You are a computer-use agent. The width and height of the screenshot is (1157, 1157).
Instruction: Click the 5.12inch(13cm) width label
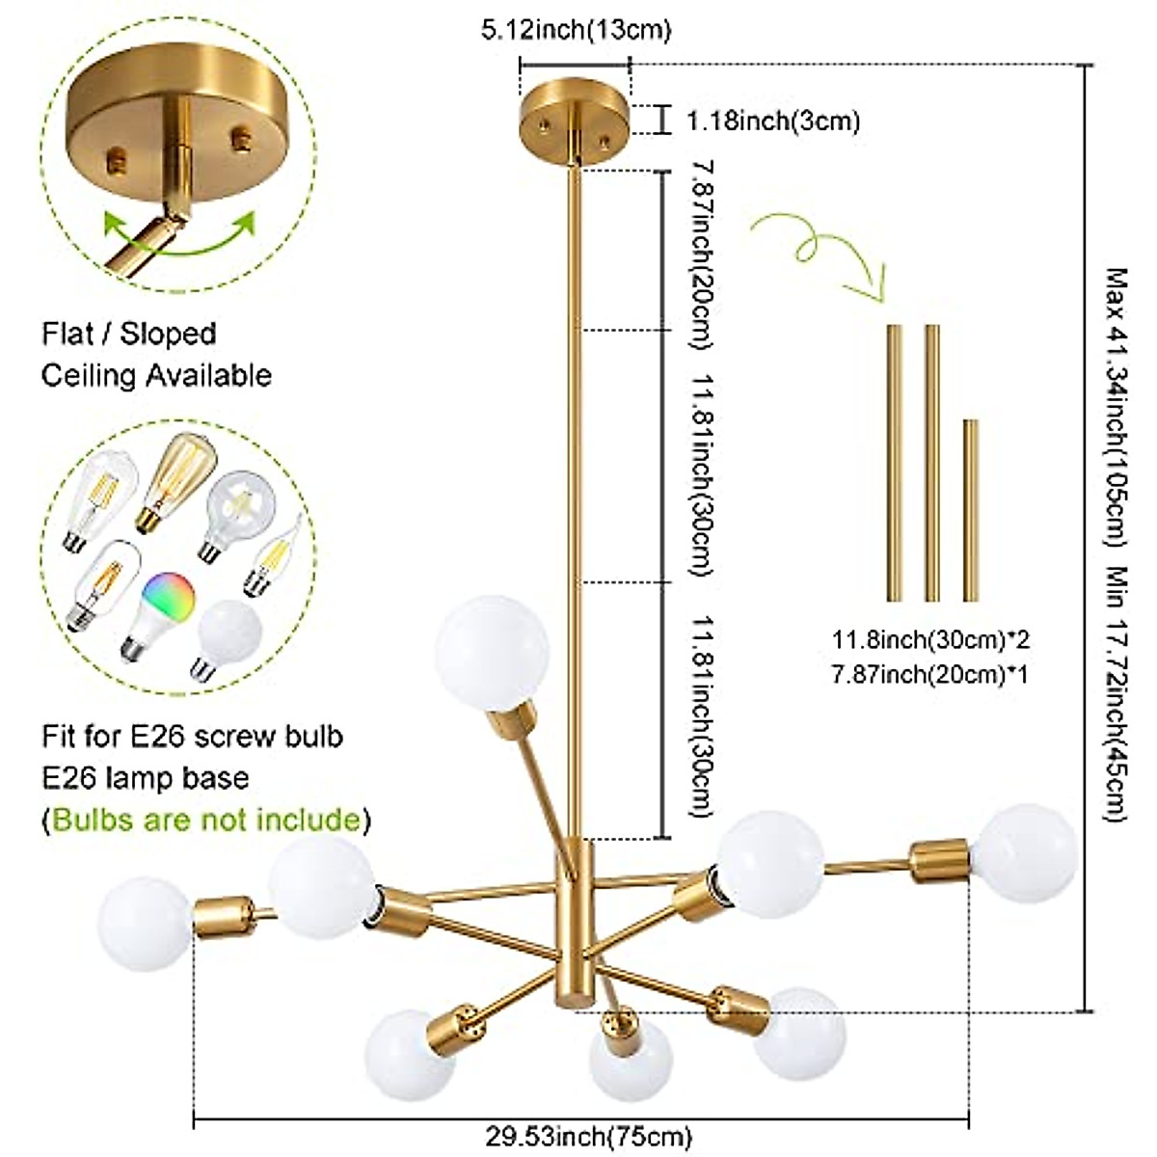click(x=575, y=31)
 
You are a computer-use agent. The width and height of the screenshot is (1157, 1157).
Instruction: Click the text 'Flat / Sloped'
click(x=128, y=334)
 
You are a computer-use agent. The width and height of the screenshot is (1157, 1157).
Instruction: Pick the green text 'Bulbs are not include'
click(x=206, y=820)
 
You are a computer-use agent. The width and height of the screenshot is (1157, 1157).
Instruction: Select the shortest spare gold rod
click(x=971, y=510)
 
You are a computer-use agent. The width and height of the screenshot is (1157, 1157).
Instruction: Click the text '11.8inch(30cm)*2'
click(x=926, y=638)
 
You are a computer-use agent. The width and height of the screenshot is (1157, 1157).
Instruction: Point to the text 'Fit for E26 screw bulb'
click(x=192, y=737)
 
